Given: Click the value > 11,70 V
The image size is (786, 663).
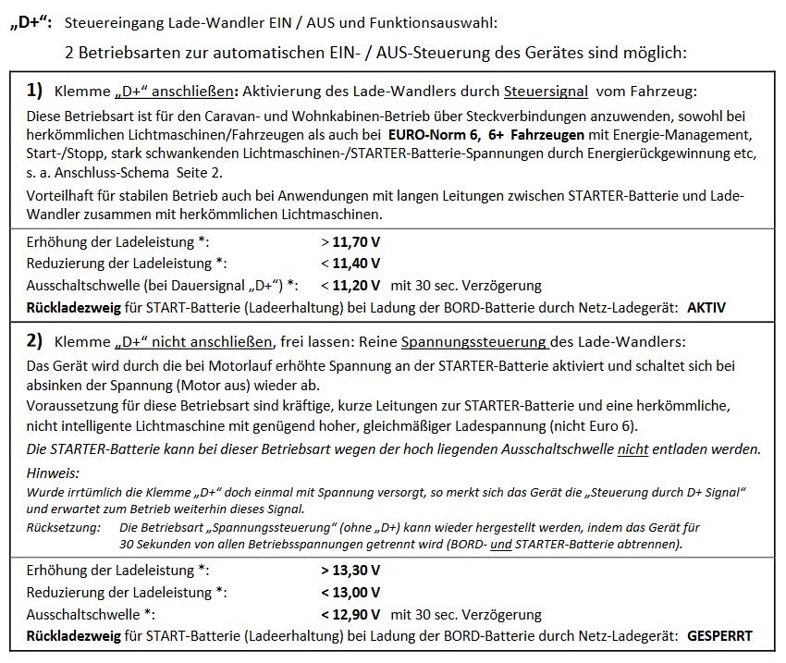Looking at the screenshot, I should [x=351, y=243].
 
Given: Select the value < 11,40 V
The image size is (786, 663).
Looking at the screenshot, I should [x=351, y=264].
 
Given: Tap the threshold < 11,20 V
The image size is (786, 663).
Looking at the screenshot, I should [x=351, y=285].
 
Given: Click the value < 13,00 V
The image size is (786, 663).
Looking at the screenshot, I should [x=351, y=593].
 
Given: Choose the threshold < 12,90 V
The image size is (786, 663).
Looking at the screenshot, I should [x=351, y=614].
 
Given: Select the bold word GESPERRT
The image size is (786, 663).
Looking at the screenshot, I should [x=719, y=636].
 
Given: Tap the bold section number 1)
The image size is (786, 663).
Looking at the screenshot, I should [x=35, y=91].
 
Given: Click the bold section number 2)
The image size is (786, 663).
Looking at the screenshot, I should [x=35, y=341].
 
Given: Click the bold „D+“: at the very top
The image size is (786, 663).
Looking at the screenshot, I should [x=32, y=21].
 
